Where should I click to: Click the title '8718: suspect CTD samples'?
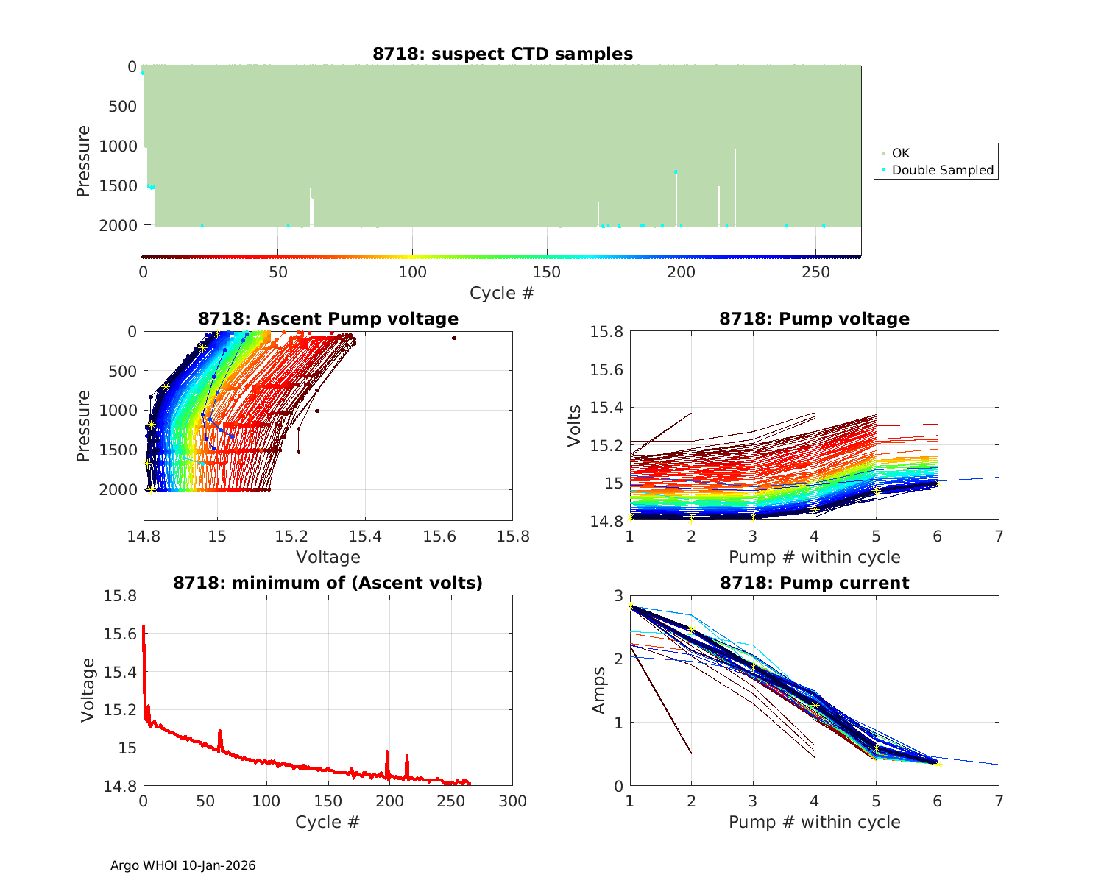503,54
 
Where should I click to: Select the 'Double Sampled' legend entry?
942,170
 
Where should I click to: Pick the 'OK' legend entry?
900,153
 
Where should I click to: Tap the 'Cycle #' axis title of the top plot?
502,293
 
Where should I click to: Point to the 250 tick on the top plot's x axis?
815,272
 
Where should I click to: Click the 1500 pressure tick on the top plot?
117,185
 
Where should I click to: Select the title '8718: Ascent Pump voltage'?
328,319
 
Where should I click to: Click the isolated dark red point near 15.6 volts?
454,338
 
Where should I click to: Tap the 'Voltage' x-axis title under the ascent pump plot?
328,557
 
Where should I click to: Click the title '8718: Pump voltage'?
814,319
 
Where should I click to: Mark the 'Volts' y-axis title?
575,426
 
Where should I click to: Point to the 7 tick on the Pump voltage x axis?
999,536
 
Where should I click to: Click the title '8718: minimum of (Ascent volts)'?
328,583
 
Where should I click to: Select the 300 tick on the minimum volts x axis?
512,801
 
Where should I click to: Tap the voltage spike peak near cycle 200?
387,752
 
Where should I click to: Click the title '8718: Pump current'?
814,583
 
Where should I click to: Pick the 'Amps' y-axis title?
599,690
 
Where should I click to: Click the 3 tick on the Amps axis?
618,595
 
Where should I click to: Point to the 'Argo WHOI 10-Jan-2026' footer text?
183,865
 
